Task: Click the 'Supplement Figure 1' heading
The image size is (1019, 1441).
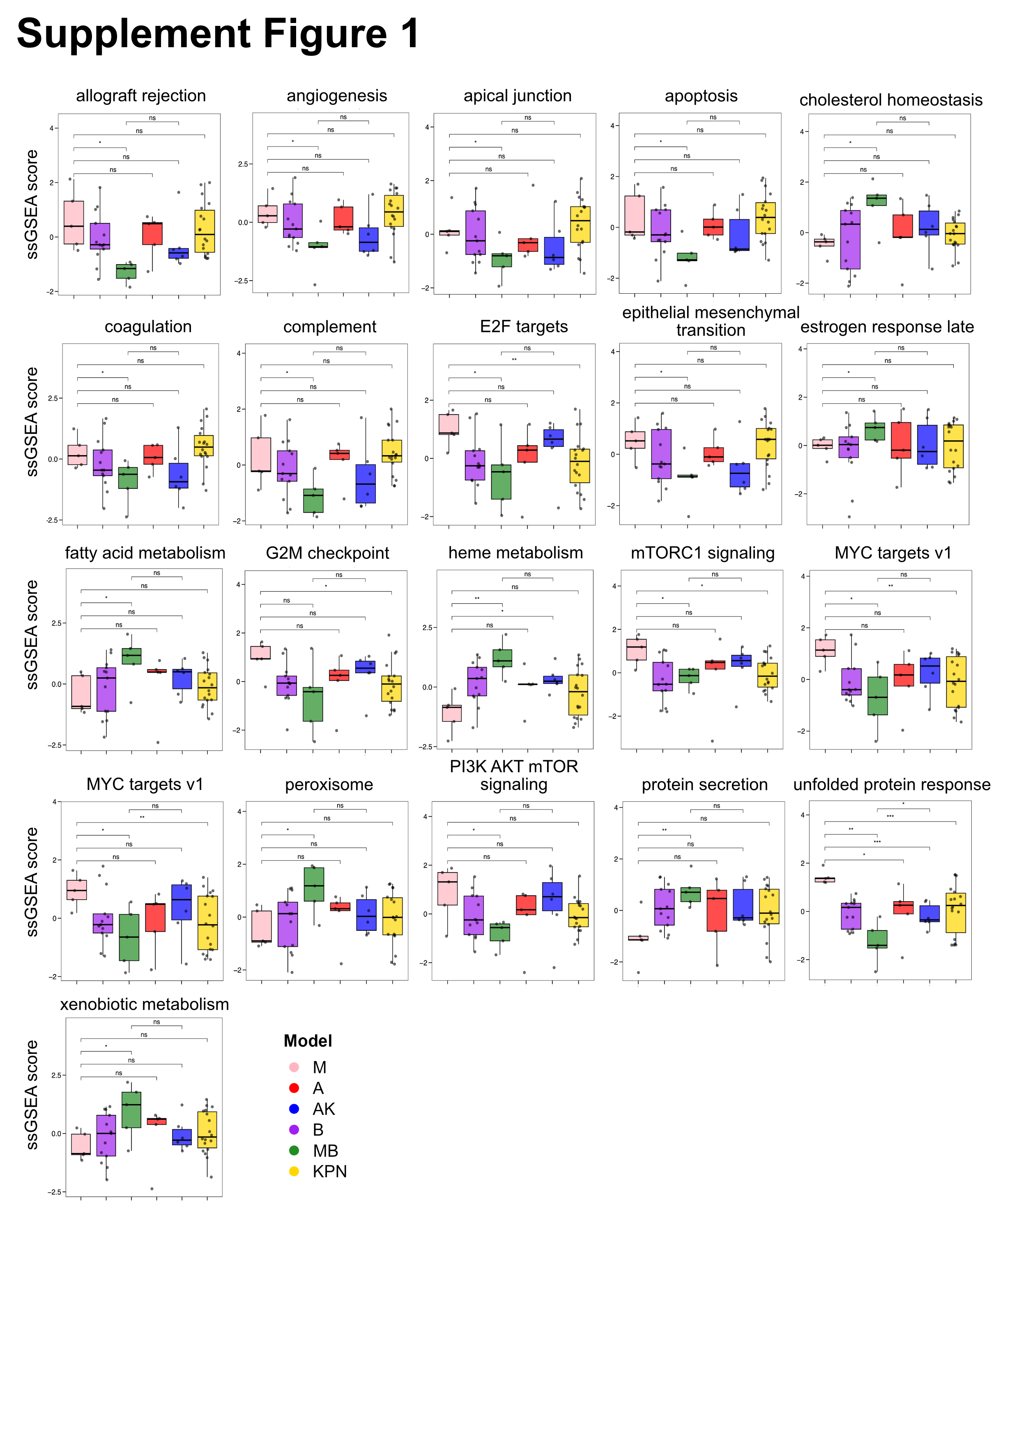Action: tap(218, 34)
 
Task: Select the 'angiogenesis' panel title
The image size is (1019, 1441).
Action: tap(336, 96)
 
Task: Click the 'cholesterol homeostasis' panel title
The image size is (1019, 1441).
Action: tap(890, 100)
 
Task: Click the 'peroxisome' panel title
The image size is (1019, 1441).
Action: tap(329, 785)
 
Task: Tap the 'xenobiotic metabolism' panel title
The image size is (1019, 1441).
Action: tap(144, 1004)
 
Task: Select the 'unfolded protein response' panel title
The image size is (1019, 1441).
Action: tap(892, 785)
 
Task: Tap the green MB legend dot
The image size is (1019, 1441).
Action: tap(294, 1151)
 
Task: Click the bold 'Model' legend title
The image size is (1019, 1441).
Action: tap(308, 1041)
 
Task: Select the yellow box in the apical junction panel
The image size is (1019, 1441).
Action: tap(580, 224)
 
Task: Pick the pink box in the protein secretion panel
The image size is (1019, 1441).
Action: tap(638, 938)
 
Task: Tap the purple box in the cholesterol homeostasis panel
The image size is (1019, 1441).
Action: tap(850, 240)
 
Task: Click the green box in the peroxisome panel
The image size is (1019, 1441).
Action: tap(314, 884)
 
